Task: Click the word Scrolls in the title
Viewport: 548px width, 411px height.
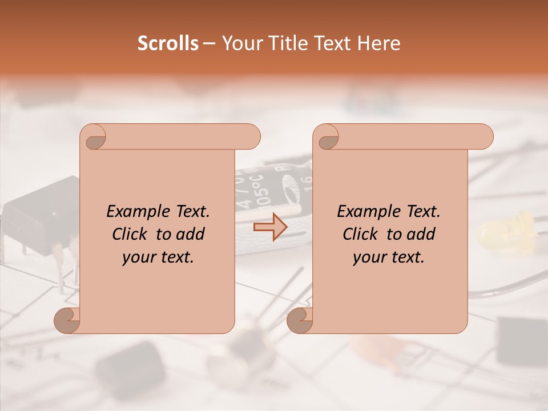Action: [168, 43]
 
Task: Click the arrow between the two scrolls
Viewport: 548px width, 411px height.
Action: [270, 228]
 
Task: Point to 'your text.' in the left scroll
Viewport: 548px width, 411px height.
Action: [158, 257]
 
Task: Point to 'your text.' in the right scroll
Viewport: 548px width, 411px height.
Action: [389, 257]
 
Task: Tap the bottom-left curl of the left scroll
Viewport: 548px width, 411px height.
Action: [67, 321]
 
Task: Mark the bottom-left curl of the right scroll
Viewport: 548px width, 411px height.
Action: [300, 321]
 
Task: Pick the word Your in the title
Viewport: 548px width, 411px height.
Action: [241, 43]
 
